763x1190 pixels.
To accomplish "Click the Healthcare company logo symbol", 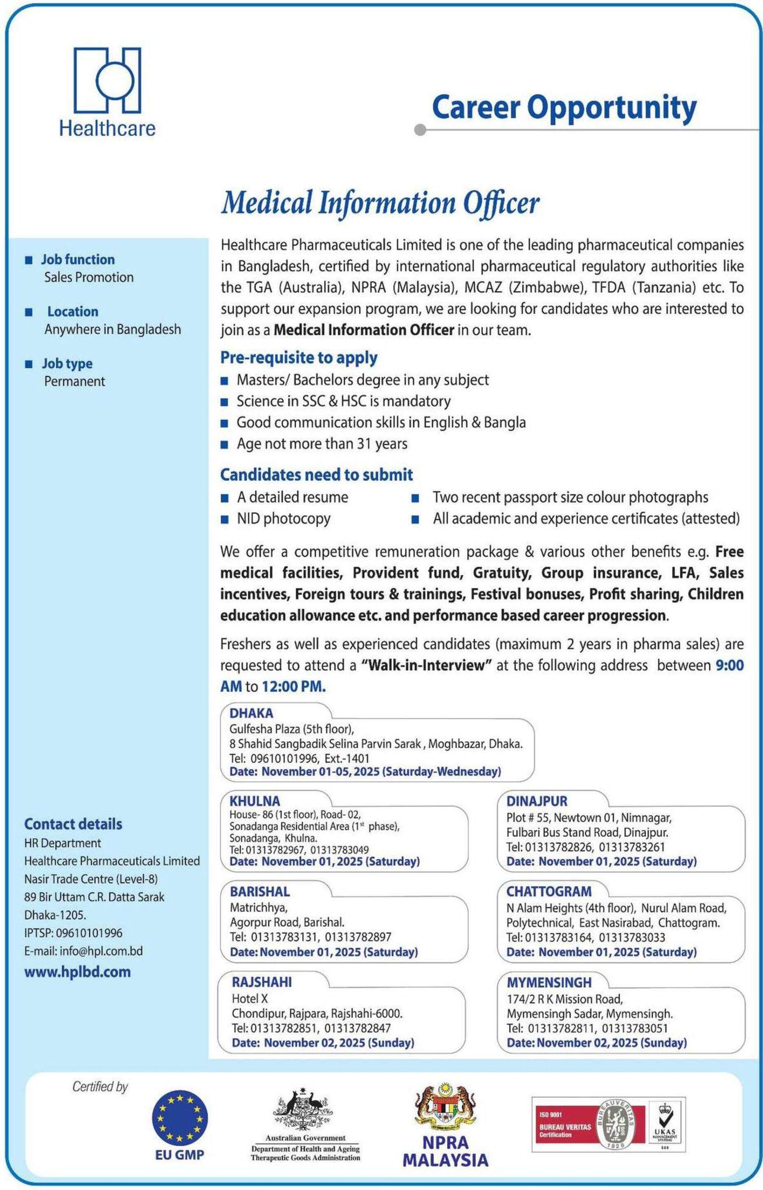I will [x=107, y=80].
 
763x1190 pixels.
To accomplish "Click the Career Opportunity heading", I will [x=564, y=107].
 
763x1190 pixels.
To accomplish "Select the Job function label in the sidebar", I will [x=78, y=259].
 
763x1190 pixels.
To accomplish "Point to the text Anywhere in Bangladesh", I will [x=112, y=329].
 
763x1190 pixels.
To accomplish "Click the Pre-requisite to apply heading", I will [x=299, y=357].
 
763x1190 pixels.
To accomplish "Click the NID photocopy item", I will [x=284, y=518].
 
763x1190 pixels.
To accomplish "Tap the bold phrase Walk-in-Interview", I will [x=426, y=665].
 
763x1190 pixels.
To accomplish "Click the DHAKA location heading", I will [x=251, y=713].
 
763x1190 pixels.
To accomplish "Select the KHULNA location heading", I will [x=255, y=800].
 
